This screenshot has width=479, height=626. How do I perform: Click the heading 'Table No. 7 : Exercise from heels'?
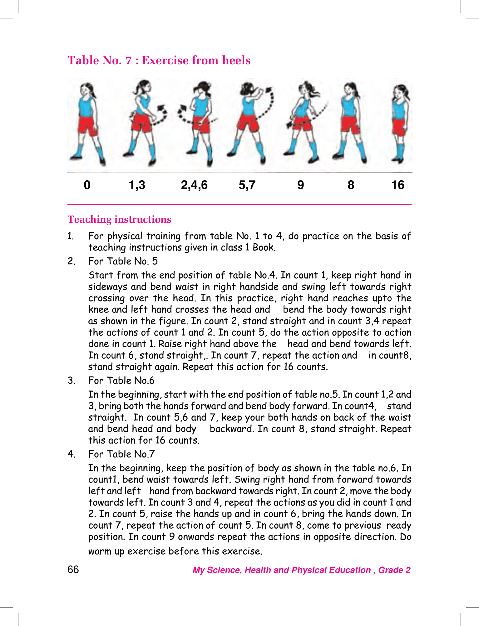[x=159, y=60]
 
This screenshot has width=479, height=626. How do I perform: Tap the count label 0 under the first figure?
[x=87, y=185]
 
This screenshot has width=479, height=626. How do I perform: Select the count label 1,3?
[x=137, y=185]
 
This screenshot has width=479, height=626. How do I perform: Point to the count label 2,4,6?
[x=194, y=185]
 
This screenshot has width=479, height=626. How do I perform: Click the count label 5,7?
[x=247, y=185]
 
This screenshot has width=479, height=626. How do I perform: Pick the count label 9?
[x=300, y=185]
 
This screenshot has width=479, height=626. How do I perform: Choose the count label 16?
[x=398, y=185]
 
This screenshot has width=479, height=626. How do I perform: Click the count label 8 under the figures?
[x=351, y=185]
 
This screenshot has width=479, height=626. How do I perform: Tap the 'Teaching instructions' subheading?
[x=119, y=219]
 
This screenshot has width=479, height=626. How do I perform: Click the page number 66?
[x=73, y=570]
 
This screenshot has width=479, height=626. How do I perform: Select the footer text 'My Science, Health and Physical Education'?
[x=281, y=570]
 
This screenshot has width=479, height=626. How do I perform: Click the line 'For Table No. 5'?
[x=123, y=261]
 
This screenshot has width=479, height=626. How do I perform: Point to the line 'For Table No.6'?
[x=121, y=381]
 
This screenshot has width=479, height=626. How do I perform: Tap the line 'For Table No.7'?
[x=121, y=454]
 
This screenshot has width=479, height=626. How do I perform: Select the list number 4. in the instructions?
[x=71, y=454]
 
